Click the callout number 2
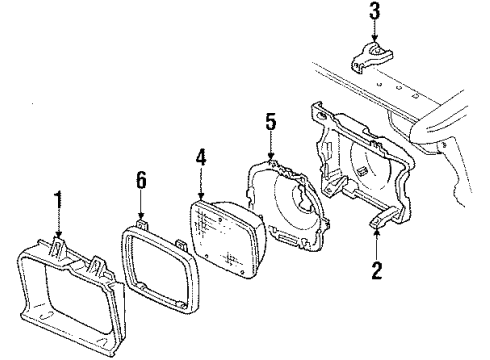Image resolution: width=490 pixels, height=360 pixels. (x=377, y=270)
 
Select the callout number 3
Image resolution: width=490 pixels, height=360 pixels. (x=374, y=13)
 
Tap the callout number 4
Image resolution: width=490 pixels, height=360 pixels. (x=201, y=157)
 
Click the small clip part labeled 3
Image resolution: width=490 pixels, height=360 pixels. (x=368, y=57)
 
